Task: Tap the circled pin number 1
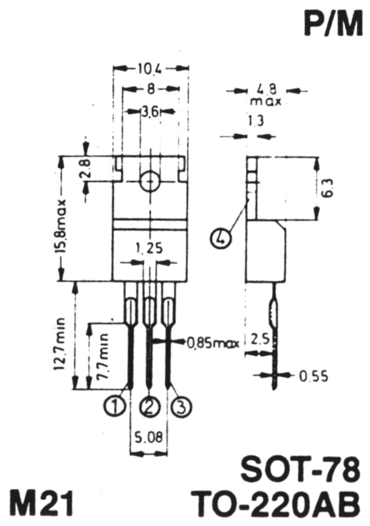pyautogui.click(x=115, y=406)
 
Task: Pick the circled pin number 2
pyautogui.click(x=149, y=406)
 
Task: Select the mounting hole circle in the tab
pyautogui.click(x=150, y=182)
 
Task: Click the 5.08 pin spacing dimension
pyautogui.click(x=149, y=437)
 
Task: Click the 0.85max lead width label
pyautogui.click(x=213, y=343)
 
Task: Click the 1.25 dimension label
pyautogui.click(x=149, y=249)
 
